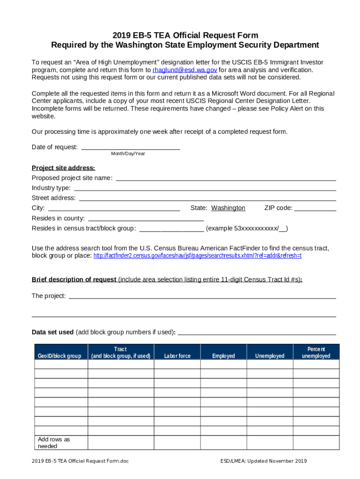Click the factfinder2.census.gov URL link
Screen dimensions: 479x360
coord(197,256)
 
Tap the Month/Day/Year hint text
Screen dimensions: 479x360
coord(128,154)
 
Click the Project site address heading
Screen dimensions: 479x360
coord(63,168)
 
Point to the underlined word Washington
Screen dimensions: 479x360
coord(228,208)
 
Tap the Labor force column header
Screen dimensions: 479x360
coord(177,356)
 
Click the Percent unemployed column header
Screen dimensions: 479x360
coord(316,353)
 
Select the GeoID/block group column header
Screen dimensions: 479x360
coord(61,356)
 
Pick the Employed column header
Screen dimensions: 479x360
coord(223,356)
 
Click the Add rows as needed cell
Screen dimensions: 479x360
coord(60,443)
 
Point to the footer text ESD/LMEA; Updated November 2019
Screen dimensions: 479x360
coord(264,462)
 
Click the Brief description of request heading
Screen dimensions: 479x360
coord(74,280)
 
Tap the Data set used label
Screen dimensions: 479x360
coord(52,332)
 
